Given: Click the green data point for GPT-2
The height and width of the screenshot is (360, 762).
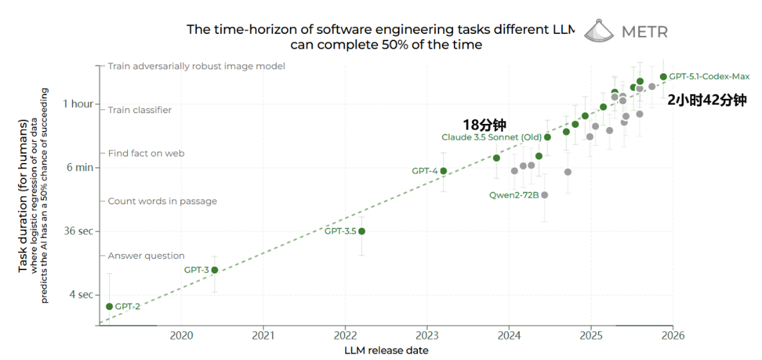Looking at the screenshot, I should click(x=109, y=307).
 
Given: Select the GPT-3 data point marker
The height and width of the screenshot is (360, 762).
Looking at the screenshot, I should click(x=214, y=270).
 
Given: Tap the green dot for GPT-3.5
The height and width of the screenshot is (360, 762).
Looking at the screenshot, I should click(x=361, y=231).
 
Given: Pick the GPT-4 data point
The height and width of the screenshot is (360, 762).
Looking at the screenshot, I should click(x=443, y=171).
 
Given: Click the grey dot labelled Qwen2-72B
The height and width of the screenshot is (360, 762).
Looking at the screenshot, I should click(x=544, y=195).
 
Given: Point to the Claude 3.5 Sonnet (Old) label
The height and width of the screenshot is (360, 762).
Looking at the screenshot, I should click(x=492, y=137).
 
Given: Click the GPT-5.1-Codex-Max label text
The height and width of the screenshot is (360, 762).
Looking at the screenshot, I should click(x=709, y=76).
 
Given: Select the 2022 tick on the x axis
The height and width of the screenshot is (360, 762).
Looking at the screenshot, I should click(x=345, y=335).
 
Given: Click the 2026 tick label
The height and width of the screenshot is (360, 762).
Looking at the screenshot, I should click(x=672, y=335).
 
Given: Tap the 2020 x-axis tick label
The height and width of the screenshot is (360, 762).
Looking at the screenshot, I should click(x=181, y=335).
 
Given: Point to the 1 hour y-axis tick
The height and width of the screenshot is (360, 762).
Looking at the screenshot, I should click(x=78, y=104).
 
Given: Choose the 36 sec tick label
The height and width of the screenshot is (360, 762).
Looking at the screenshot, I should click(x=78, y=231).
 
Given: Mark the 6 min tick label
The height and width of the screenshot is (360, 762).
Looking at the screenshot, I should click(x=80, y=167).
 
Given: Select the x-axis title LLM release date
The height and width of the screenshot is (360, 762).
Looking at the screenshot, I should click(x=386, y=350).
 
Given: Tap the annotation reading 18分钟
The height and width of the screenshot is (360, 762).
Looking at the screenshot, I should click(x=485, y=125).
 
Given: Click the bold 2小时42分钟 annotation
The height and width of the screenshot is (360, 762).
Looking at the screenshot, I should click(x=707, y=100).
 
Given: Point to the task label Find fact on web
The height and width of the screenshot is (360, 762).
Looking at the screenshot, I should click(x=146, y=153).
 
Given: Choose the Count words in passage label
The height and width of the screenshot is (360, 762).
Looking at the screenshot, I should click(x=162, y=201).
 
